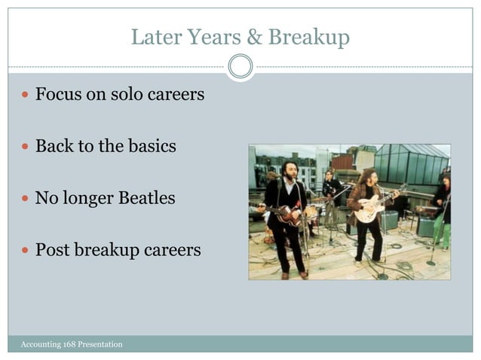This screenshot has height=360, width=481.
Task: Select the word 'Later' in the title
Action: coord(154,37)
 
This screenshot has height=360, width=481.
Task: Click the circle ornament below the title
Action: coord(240,66)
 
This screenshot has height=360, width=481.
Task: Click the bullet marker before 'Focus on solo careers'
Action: coord(26,96)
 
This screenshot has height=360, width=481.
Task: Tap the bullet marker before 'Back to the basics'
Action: coord(26,147)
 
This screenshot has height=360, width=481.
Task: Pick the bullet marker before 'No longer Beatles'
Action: coord(26,199)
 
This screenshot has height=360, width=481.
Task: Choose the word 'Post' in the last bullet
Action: coord(54,249)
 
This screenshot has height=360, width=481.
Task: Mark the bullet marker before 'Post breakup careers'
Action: coord(26,250)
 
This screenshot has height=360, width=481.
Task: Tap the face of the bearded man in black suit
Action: coord(290,169)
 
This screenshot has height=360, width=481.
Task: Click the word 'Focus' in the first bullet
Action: coord(60,96)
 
